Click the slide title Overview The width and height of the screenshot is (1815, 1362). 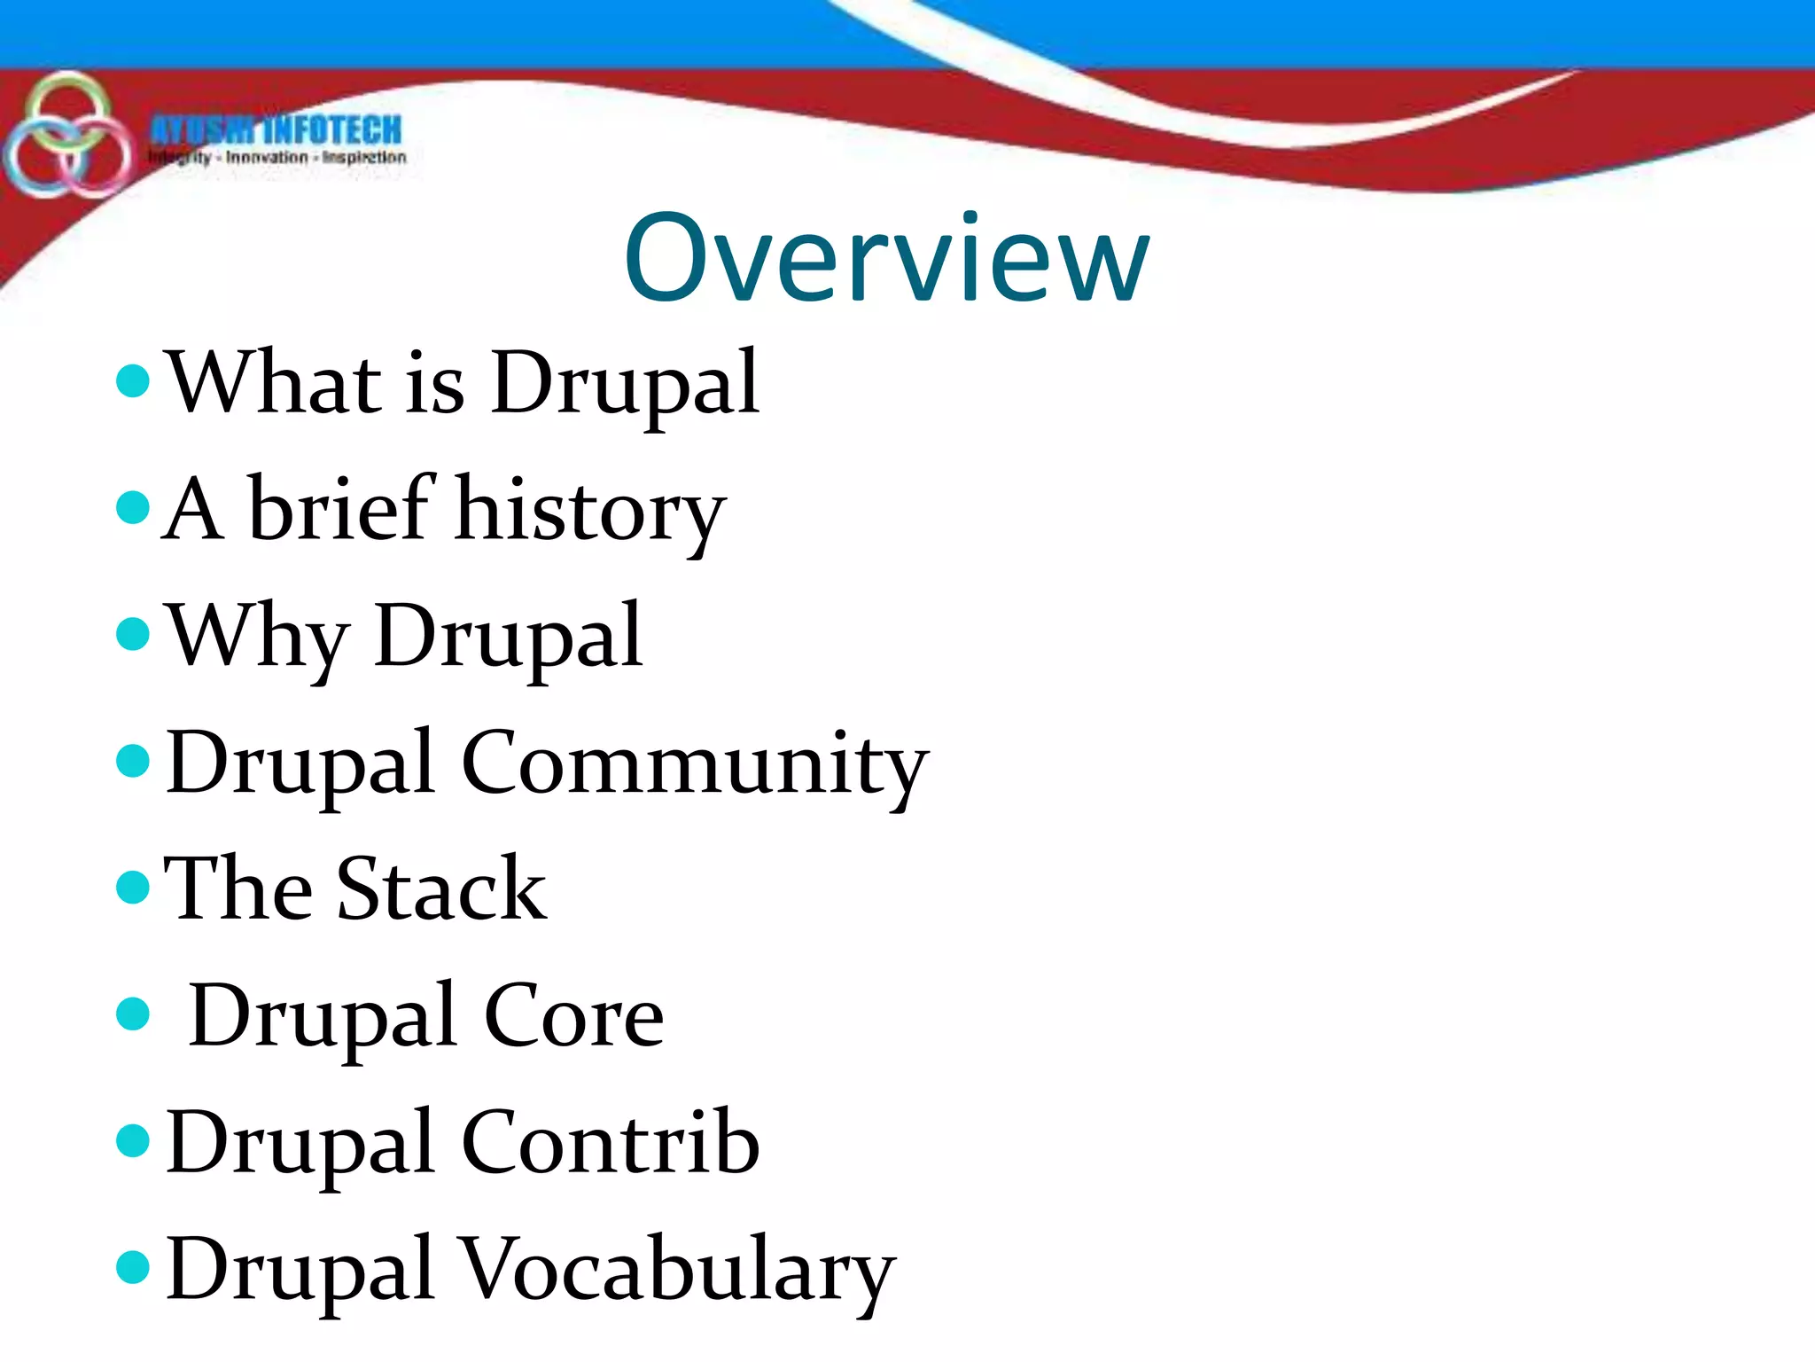(886, 259)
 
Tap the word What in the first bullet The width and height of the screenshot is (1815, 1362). (276, 383)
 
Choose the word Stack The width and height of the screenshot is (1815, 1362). (441, 889)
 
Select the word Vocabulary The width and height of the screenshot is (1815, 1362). (678, 1271)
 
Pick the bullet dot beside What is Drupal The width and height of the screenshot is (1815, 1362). (133, 381)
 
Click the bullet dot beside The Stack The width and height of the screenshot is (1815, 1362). (133, 887)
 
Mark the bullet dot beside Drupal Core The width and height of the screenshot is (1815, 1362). (133, 1014)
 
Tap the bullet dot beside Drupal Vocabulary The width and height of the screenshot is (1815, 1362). (133, 1267)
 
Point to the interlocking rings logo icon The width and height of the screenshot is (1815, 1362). (66, 136)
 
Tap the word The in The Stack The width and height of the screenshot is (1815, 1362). (238, 889)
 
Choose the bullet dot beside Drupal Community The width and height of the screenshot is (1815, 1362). (133, 761)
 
